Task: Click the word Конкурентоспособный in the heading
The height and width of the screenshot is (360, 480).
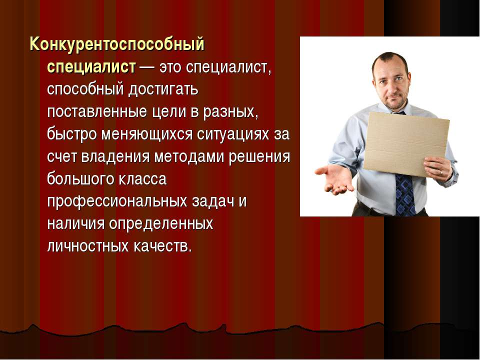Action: click(116, 44)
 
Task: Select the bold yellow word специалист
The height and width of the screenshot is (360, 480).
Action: click(91, 67)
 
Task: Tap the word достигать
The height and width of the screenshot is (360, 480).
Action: click(163, 89)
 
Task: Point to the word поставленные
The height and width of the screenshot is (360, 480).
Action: click(97, 111)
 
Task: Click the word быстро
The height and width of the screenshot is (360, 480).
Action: click(71, 134)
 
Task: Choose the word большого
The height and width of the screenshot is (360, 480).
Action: click(80, 179)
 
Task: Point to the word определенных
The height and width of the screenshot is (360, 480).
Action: click(161, 224)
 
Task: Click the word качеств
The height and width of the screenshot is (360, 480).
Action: click(162, 246)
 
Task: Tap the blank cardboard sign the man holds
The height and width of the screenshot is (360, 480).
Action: click(406, 144)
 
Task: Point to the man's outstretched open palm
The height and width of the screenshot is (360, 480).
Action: click(334, 178)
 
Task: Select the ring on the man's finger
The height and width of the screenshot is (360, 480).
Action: click(441, 172)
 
